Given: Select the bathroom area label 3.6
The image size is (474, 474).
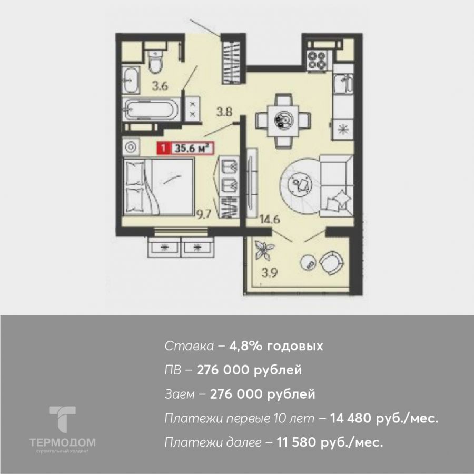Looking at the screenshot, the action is (x=160, y=86).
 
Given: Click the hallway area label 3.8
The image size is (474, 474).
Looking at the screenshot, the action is (x=224, y=113).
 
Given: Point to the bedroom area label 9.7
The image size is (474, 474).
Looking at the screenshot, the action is (x=204, y=214).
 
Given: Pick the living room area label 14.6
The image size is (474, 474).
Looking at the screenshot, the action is (x=270, y=219).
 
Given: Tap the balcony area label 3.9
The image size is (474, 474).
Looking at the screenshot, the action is (x=270, y=273).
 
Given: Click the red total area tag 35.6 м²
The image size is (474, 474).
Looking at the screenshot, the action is (x=185, y=148).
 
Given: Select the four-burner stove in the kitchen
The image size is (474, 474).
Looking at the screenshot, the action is (x=317, y=61).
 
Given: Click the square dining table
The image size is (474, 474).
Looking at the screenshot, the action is (x=283, y=121).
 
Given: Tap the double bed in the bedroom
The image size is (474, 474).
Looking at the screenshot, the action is (x=159, y=187).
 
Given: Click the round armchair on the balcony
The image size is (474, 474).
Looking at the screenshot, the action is (x=331, y=263).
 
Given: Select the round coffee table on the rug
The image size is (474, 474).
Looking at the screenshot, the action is (x=299, y=183).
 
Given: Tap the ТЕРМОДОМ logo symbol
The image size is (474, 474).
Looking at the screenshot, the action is (x=62, y=419).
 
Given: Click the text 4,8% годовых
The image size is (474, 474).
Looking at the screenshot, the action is (x=276, y=345).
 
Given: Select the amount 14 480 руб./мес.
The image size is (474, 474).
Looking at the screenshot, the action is (x=384, y=418).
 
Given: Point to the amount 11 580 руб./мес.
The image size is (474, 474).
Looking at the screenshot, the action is (x=330, y=442).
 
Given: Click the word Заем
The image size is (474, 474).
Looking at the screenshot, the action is (x=180, y=394).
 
